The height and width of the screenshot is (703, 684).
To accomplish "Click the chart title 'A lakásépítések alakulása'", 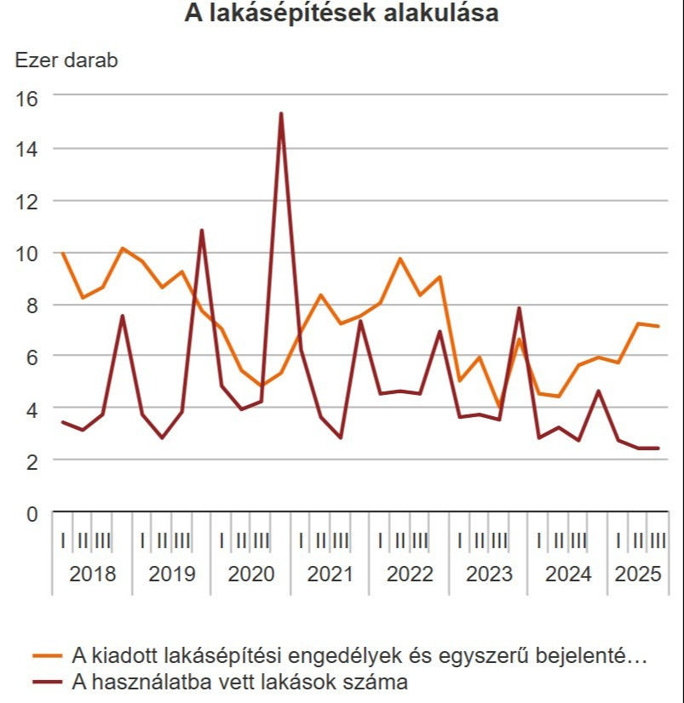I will tap(342, 14).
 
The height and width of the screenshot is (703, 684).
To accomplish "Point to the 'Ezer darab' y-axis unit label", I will tap(66, 60).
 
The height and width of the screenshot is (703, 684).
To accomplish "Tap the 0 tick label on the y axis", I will tap(32, 513).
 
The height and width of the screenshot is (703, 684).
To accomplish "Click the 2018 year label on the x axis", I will tap(92, 574).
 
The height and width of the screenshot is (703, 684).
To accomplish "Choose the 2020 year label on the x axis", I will tap(251, 574).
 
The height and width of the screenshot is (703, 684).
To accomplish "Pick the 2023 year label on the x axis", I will tap(489, 574).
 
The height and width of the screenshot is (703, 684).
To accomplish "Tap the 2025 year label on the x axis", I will tap(638, 574).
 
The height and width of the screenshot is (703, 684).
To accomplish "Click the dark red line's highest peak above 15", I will tap(281, 113).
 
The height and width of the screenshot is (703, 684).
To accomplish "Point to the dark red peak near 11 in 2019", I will tap(202, 230).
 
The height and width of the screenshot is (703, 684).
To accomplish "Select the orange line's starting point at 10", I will tap(63, 254).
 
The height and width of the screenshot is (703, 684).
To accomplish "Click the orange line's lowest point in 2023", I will tap(499, 409).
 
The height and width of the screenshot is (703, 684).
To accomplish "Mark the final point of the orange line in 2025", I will tap(658, 326).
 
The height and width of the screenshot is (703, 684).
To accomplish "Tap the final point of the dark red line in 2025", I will tap(658, 449).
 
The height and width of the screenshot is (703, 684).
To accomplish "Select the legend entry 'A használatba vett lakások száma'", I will tap(239, 681).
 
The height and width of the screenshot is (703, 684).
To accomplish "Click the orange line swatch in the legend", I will tap(49, 655).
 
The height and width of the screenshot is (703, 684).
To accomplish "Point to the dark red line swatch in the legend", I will tap(49, 681).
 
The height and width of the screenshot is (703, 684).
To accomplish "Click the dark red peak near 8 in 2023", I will tap(519, 308).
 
